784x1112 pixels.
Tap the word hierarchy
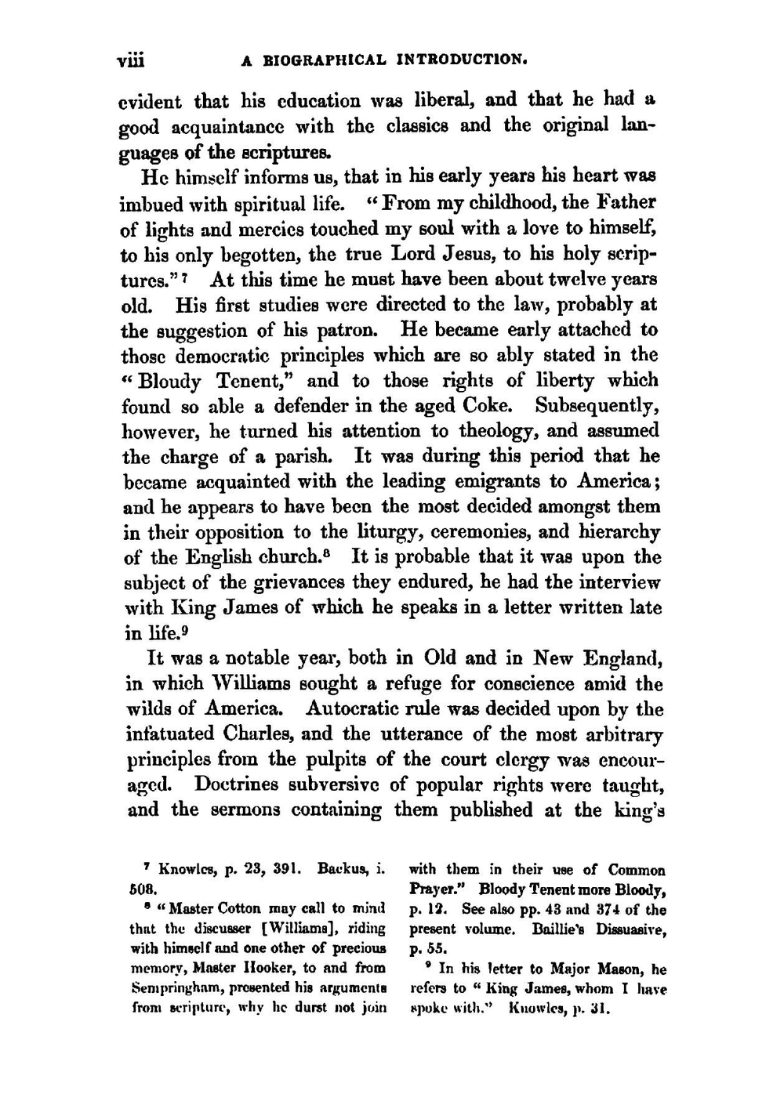coord(619,532)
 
